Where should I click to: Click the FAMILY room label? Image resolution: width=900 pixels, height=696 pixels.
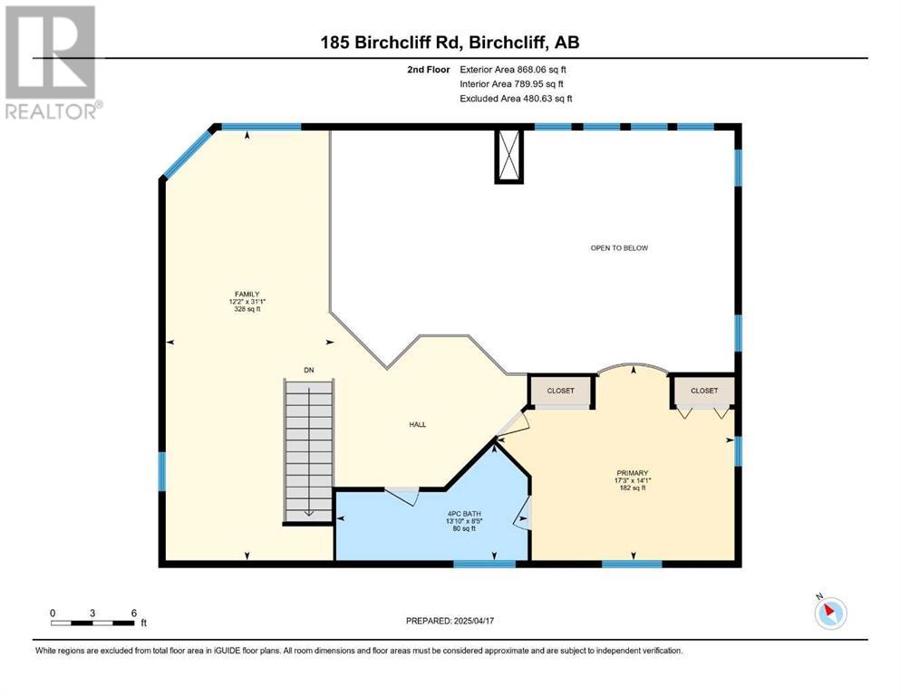pyautogui.click(x=247, y=294)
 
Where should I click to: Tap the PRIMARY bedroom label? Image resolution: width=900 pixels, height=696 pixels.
pyautogui.click(x=633, y=473)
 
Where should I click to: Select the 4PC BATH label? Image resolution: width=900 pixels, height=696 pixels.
pyautogui.click(x=464, y=514)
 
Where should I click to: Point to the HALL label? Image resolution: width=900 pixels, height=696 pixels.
pyautogui.click(x=418, y=425)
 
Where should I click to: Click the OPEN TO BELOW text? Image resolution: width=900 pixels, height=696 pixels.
pyautogui.click(x=619, y=248)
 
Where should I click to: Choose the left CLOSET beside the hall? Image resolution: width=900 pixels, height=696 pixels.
pyautogui.click(x=561, y=391)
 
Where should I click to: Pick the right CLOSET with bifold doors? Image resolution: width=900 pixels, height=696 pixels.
pyautogui.click(x=704, y=391)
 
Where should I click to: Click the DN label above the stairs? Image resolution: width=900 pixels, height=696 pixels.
pyautogui.click(x=309, y=370)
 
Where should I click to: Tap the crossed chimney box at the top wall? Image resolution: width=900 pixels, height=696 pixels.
pyautogui.click(x=509, y=156)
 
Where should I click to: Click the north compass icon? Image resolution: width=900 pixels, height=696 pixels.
pyautogui.click(x=830, y=613)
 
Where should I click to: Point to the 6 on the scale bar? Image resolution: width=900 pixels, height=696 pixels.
pyautogui.click(x=134, y=613)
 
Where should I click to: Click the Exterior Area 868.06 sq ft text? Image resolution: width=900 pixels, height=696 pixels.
pyautogui.click(x=513, y=70)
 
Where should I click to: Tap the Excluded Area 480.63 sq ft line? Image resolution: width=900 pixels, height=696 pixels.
pyautogui.click(x=516, y=98)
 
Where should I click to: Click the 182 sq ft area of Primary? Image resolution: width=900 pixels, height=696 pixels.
pyautogui.click(x=633, y=488)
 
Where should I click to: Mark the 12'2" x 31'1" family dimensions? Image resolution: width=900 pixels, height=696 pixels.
pyautogui.click(x=247, y=301)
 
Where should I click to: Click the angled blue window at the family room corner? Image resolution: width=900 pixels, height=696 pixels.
pyautogui.click(x=188, y=153)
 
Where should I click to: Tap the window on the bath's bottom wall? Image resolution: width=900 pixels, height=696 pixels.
pyautogui.click(x=485, y=564)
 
